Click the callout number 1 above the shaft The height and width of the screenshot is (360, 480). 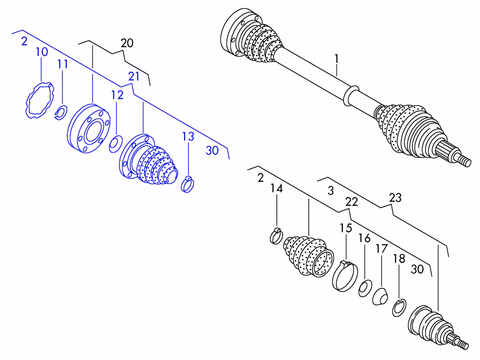[x=336, y=59]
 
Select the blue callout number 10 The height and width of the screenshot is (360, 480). [x=42, y=52]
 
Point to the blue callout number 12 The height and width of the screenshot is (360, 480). [x=117, y=95]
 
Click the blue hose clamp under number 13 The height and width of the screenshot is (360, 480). [x=188, y=185]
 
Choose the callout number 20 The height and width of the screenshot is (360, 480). [x=127, y=43]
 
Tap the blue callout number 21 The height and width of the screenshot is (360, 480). [x=134, y=76]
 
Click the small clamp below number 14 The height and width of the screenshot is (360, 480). [x=276, y=236]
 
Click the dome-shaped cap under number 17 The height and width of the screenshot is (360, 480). [x=380, y=297]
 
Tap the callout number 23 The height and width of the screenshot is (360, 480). [x=395, y=198]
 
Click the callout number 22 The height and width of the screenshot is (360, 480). [x=352, y=202]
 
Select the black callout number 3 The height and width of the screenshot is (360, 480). [x=331, y=191]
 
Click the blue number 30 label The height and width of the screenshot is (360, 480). [x=212, y=151]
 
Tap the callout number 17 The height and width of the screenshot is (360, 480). [x=382, y=249]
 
